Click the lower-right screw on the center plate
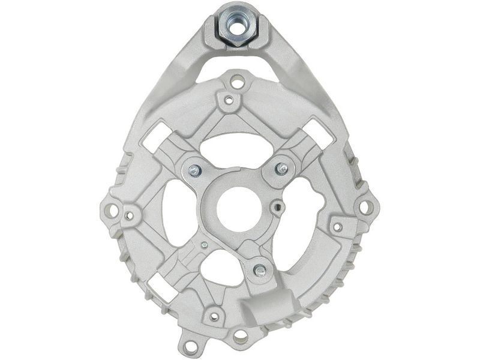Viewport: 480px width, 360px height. coord(260,271)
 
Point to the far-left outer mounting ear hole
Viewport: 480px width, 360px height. coord(111,210)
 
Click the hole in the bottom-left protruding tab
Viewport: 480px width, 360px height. coord(191,346)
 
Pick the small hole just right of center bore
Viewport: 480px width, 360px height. coord(277,209)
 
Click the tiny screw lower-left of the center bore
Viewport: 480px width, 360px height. coord(205,245)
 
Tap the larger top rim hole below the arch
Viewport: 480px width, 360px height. coord(238,80)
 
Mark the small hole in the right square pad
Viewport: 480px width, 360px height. coord(338,227)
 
